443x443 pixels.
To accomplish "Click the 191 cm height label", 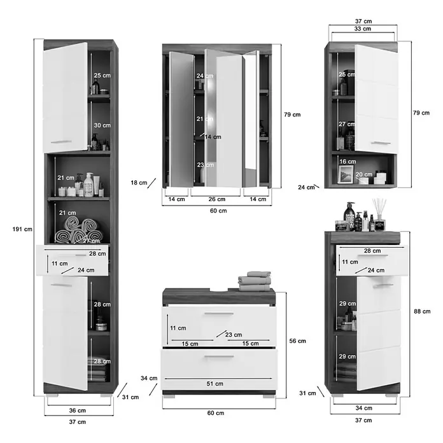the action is [22, 229].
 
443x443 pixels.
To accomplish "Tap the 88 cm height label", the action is [422, 311].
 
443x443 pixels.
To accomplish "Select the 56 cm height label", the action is [297, 341].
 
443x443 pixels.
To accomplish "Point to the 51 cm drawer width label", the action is [214, 384].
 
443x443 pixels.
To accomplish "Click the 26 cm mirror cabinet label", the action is [217, 199].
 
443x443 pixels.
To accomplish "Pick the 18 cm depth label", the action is [139, 183].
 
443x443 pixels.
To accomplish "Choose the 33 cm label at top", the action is [363, 29].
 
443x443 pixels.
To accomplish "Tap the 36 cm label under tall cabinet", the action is [78, 411].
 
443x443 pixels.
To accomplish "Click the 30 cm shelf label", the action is [102, 125].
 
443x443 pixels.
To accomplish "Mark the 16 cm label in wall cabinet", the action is [348, 162].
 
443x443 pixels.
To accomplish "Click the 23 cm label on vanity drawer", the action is [234, 335].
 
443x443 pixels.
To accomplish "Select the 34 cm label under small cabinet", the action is [364, 408].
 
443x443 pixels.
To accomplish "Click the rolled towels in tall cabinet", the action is [78, 230].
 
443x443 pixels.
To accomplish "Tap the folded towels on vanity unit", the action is [255, 281].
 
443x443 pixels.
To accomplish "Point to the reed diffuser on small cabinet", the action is [379, 214].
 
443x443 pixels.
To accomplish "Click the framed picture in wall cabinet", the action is [346, 174].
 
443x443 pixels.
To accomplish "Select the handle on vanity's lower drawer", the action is [219, 357].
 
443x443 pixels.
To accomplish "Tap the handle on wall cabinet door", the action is [381, 143].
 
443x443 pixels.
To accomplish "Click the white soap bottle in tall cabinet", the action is [88, 185].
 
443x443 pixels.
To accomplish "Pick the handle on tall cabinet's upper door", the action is [61, 142].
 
